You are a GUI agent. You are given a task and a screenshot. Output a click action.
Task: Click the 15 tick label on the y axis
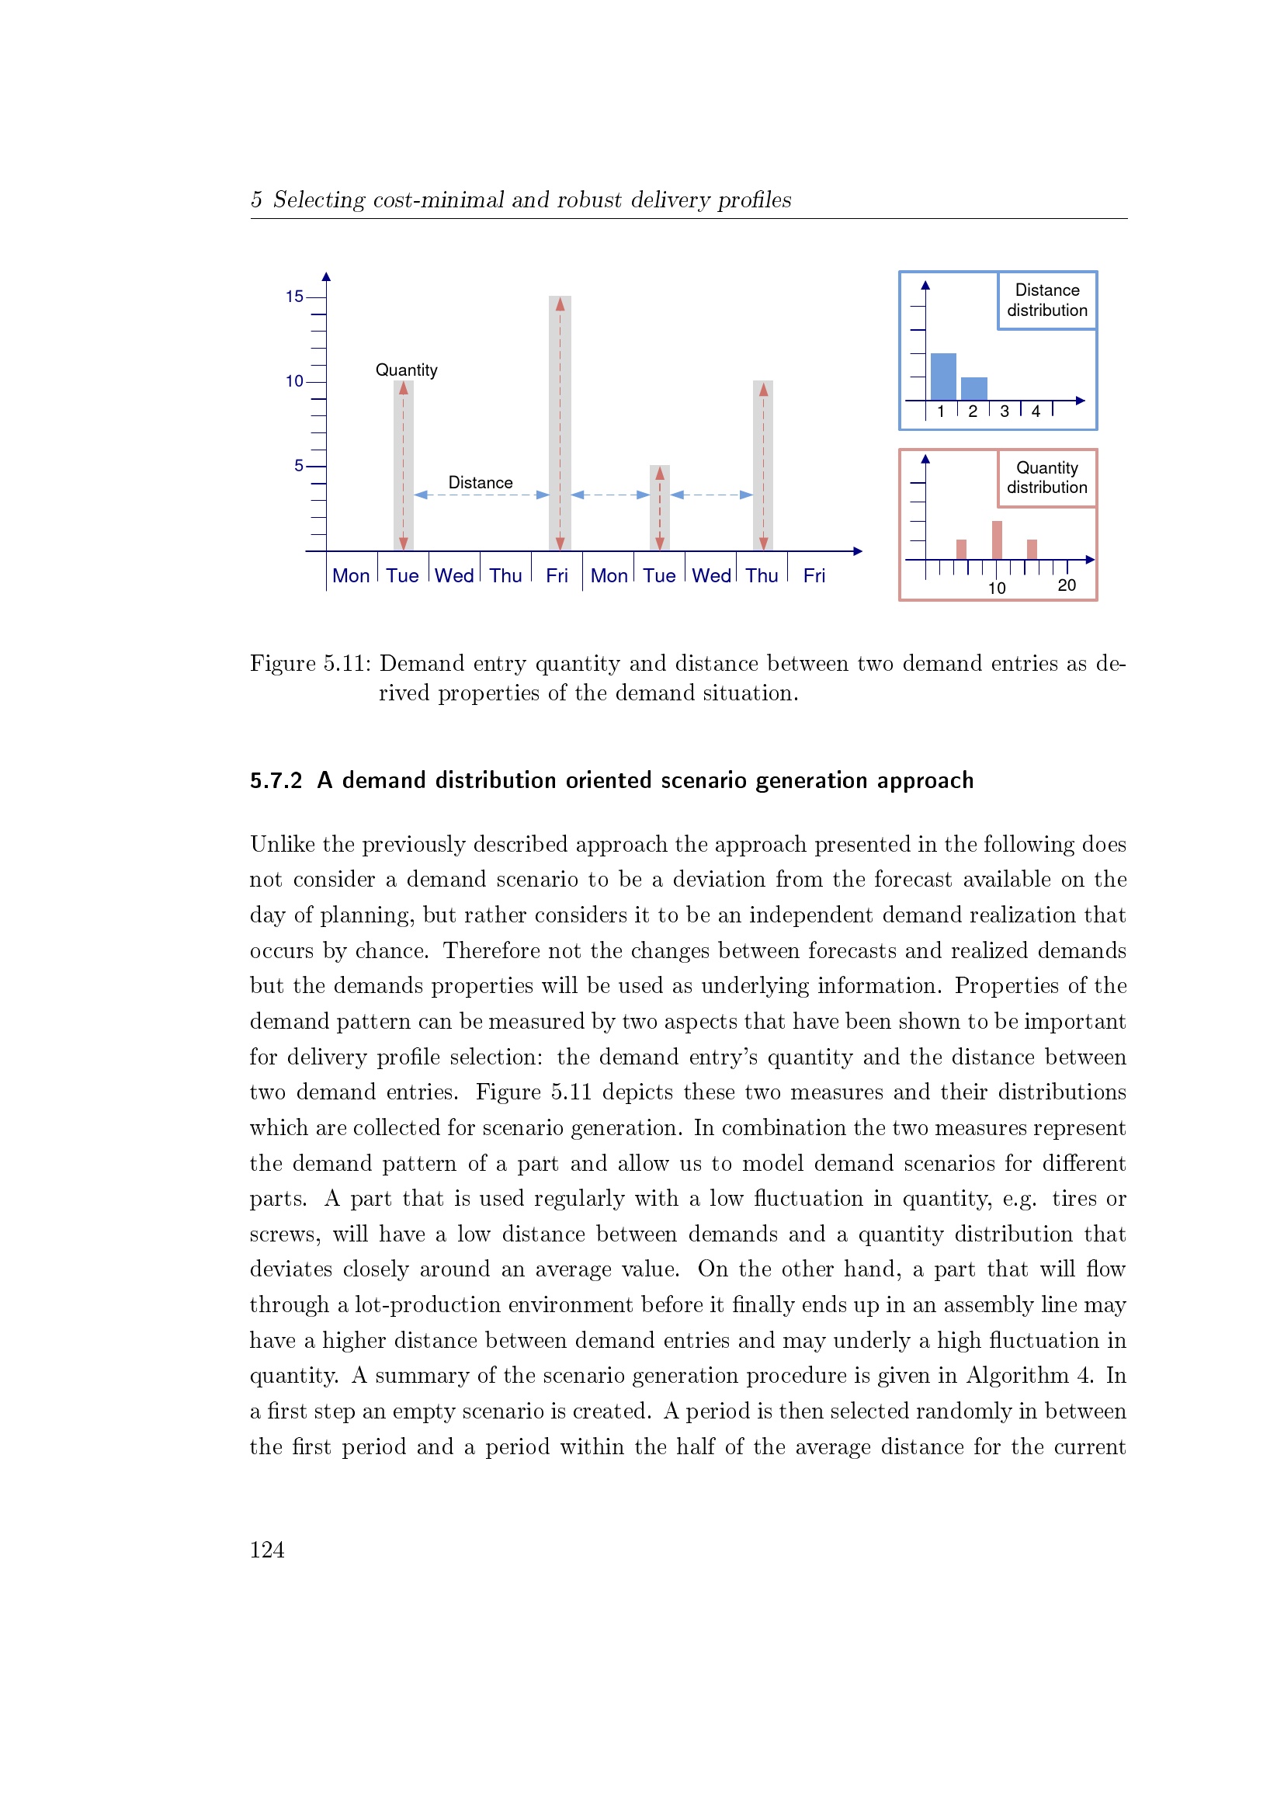tap(294, 297)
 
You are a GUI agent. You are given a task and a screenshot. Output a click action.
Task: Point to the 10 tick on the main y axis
tap(294, 381)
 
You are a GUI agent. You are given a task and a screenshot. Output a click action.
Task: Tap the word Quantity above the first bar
tap(406, 370)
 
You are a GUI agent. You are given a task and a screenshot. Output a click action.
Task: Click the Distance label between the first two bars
tap(480, 482)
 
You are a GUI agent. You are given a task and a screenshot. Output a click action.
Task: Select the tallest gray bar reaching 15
tap(560, 423)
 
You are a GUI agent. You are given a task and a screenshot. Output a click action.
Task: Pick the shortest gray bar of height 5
tap(659, 508)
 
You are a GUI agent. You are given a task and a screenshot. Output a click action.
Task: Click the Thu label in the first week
tap(505, 576)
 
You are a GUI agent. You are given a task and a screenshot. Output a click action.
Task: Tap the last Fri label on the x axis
tap(814, 576)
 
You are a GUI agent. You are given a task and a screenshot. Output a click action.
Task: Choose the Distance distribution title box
tap(1046, 300)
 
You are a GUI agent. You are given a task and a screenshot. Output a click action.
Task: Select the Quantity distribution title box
tap(1046, 477)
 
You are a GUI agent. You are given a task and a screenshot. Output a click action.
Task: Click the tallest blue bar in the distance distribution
tap(943, 377)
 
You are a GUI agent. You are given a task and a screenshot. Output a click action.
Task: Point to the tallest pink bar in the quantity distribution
tap(997, 540)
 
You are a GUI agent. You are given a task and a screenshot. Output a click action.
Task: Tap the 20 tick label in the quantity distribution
tap(1067, 585)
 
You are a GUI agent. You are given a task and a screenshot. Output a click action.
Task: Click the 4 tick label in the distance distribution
tap(1036, 411)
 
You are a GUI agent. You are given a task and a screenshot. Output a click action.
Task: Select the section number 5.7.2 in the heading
tap(276, 780)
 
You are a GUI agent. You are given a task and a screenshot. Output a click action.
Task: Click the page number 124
tap(267, 1550)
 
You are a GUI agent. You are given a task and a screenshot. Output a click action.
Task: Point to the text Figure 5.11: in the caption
tap(310, 663)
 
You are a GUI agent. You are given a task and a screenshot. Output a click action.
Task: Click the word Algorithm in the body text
tap(1017, 1376)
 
